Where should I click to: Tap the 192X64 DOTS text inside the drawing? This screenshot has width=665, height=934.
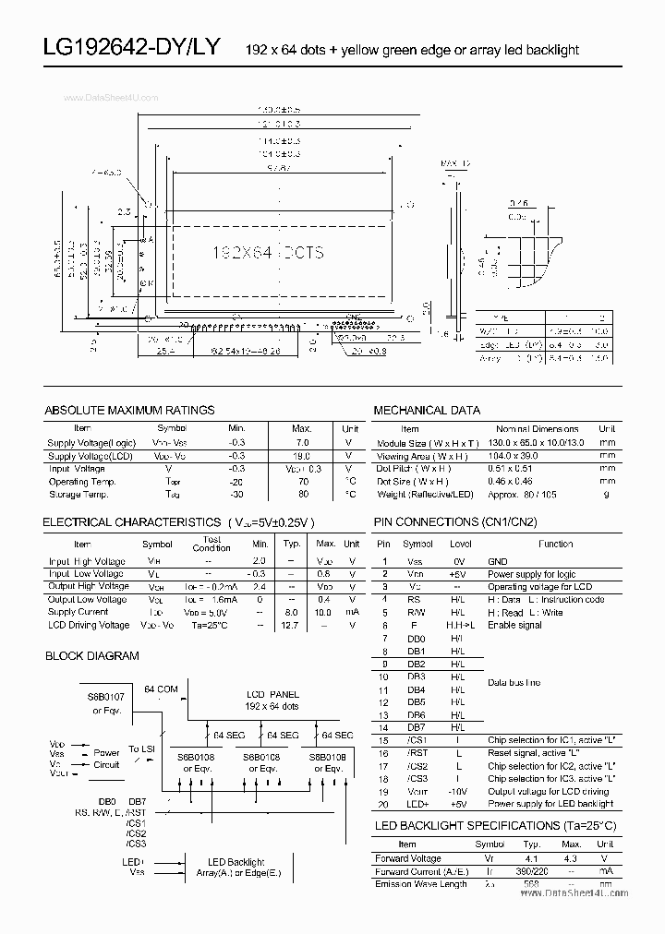point(268,251)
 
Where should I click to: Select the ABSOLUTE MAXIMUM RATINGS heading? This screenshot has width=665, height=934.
point(129,410)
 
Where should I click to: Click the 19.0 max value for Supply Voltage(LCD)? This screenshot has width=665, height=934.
point(301,456)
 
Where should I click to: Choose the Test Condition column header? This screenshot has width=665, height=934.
point(212,544)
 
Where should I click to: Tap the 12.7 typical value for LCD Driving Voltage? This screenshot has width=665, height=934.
point(292,626)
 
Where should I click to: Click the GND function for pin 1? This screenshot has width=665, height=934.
point(498,561)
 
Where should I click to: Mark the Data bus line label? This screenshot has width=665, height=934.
point(514,683)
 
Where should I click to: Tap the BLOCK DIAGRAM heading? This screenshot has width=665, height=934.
point(92,656)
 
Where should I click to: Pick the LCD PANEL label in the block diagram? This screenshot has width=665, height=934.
point(272,693)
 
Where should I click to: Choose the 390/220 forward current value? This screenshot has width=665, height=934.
point(527,870)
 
